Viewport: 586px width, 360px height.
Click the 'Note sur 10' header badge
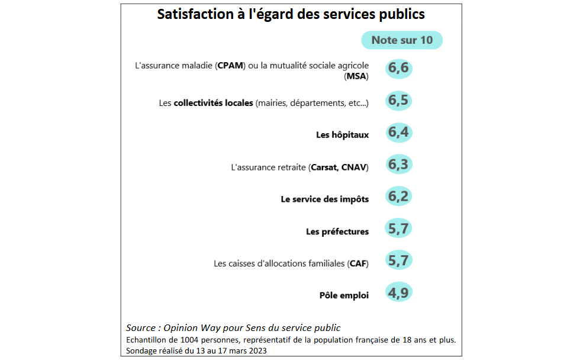(402, 40)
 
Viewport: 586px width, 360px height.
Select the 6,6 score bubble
(398, 68)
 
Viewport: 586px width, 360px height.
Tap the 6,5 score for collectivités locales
(398, 100)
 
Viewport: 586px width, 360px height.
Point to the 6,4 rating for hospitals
(398, 132)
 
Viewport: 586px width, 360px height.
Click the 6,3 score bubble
(398, 164)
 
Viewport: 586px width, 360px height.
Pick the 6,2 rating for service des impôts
(398, 196)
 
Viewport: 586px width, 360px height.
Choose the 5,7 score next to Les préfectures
(398, 228)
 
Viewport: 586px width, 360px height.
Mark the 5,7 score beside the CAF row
(398, 260)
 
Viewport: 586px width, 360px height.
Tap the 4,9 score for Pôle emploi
(398, 292)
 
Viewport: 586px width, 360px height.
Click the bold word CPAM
(231, 65)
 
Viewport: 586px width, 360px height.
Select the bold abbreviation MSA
(356, 76)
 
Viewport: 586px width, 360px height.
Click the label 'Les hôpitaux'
(342, 135)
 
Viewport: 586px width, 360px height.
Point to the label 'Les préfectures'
(337, 232)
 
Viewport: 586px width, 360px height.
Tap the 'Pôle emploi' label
(343, 295)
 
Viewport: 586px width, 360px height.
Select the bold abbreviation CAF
(358, 263)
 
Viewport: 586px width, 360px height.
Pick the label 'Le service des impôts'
(324, 200)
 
